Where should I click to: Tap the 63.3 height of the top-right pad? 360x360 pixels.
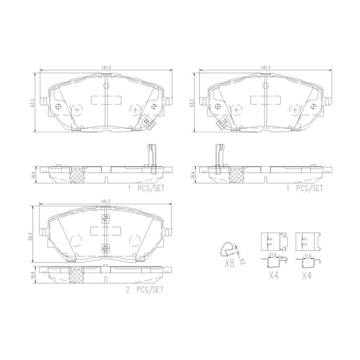(193, 103)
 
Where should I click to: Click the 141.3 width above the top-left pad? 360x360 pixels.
(106, 67)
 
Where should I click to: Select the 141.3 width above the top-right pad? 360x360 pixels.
(265, 67)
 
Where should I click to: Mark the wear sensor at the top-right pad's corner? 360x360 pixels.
(222, 122)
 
